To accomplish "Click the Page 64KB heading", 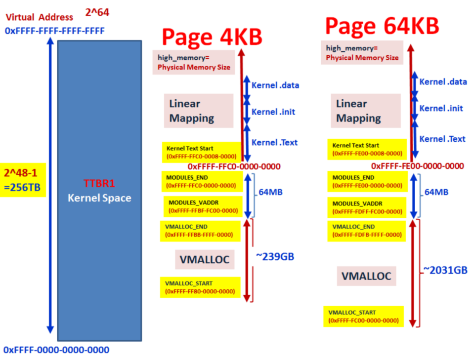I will pos(382,26).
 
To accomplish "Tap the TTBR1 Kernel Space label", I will pos(99,191).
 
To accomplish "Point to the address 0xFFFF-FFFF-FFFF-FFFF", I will pos(54,31).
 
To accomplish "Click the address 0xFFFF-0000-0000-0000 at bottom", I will pos(56,350).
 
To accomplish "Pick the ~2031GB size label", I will pos(445,270).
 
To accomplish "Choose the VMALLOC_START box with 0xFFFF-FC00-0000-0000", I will pos(363,317).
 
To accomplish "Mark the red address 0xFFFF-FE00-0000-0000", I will pos(417,166).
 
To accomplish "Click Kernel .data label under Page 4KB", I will pos(275,85).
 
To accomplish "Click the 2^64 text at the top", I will pos(97,12).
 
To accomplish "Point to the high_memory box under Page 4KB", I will pos(194,62).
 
